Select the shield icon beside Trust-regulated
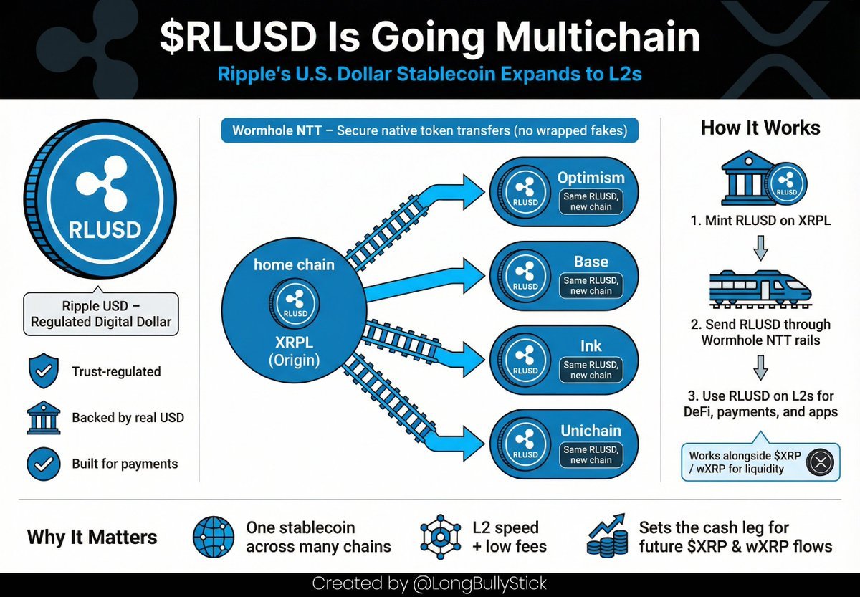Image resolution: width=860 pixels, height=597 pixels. [42, 371]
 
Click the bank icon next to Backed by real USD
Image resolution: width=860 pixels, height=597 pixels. [42, 418]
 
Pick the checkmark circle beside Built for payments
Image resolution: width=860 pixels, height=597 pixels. [42, 464]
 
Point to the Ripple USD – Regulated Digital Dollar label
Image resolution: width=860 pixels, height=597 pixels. [100, 313]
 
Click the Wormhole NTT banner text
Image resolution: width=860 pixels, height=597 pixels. [429, 131]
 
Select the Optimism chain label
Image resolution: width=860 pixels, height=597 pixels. [591, 178]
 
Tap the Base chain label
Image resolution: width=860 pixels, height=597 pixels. [591, 262]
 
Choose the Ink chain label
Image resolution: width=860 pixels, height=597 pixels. [591, 346]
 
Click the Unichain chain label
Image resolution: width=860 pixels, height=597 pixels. [591, 431]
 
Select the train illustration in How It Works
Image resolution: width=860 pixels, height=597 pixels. [760, 287]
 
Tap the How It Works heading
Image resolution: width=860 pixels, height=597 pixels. [760, 128]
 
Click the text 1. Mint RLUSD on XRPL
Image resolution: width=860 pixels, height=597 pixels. [760, 221]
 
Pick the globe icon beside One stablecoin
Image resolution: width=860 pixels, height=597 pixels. [214, 537]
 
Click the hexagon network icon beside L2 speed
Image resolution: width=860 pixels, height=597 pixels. [440, 538]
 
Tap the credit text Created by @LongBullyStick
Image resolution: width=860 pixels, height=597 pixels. [430, 584]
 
